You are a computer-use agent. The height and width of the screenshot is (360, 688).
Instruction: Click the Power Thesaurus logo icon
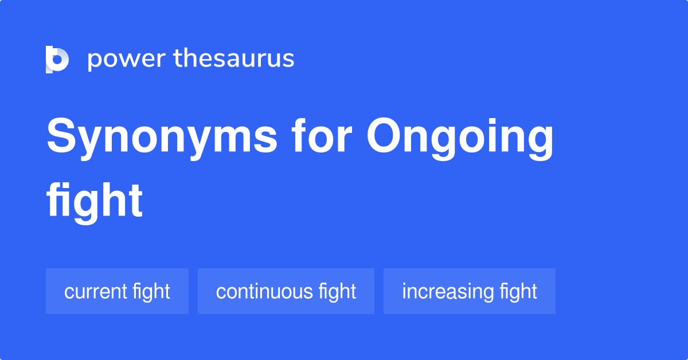57,59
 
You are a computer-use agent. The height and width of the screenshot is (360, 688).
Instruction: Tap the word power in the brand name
126,59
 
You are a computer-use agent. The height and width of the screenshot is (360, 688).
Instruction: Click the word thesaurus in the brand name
234,59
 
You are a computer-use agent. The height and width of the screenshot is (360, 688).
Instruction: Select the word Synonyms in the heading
162,138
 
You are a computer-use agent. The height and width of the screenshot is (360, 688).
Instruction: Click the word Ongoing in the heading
460,138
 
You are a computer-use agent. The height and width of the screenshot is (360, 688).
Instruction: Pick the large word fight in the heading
95,201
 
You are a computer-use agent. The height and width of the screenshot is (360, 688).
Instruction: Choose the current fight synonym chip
117,291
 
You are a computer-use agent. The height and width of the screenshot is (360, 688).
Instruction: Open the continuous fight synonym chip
286,291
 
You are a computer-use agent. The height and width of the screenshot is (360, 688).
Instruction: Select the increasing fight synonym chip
470,291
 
